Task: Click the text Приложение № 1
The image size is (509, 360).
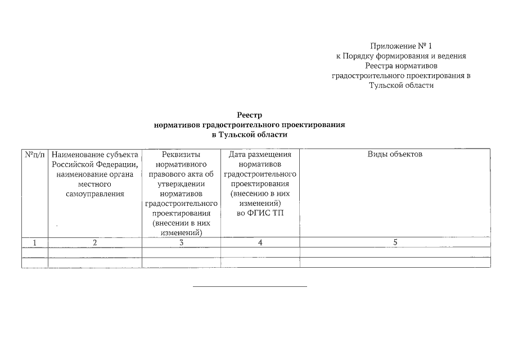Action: tap(401, 46)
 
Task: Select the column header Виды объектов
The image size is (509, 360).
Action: tap(395, 154)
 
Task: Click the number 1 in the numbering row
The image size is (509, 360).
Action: tap(35, 242)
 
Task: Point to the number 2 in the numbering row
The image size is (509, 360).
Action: tap(95, 242)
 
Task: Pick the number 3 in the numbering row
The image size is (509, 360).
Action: tap(181, 242)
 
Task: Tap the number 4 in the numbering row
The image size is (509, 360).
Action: tap(260, 242)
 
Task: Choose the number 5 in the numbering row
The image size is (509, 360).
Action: tap(395, 242)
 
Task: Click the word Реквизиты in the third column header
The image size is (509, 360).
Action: tap(181, 154)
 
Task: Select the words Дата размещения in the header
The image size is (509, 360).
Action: tap(260, 154)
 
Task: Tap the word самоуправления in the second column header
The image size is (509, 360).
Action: tap(95, 193)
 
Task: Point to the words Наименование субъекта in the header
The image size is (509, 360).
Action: tap(95, 154)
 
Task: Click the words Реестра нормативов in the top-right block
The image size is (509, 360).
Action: tap(401, 66)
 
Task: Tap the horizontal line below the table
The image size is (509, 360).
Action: tap(250, 287)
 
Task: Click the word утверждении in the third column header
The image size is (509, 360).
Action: tap(181, 183)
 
